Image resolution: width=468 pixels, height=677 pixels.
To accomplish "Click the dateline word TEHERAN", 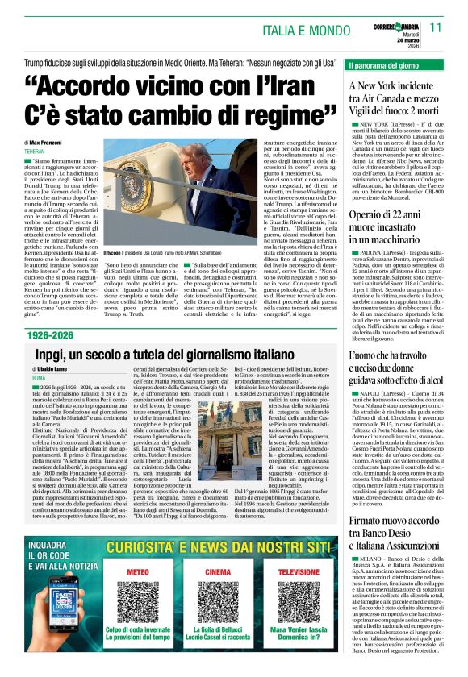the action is [x=35, y=152].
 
